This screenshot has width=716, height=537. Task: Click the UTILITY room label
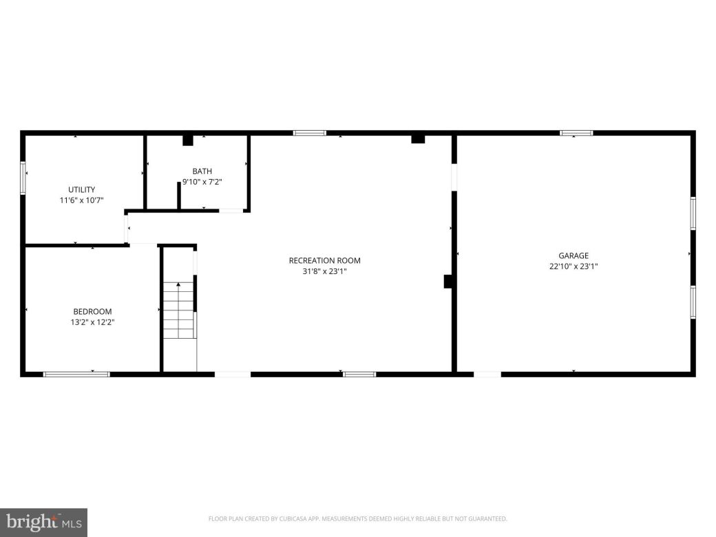click(x=81, y=189)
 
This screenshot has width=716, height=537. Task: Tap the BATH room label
click(x=202, y=171)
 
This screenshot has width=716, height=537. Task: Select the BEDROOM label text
click(x=92, y=311)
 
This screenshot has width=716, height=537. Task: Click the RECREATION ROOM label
click(x=324, y=260)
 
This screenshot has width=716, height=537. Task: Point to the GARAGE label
click(x=573, y=255)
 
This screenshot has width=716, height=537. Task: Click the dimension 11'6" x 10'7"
click(x=81, y=200)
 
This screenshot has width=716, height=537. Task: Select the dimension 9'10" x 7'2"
click(x=202, y=182)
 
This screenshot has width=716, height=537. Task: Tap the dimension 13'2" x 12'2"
click(x=92, y=322)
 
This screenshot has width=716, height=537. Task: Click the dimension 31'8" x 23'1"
click(x=324, y=271)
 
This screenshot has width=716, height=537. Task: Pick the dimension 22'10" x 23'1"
click(x=573, y=266)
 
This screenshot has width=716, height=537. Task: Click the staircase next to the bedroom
click(x=178, y=317)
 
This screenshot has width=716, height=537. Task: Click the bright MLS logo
click(x=43, y=523)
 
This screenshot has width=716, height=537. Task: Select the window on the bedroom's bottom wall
click(x=76, y=374)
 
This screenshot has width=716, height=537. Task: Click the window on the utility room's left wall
click(x=23, y=178)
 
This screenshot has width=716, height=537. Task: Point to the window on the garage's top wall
click(x=576, y=133)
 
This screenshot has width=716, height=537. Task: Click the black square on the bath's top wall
click(x=187, y=140)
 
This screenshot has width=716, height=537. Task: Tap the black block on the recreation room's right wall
click(x=447, y=281)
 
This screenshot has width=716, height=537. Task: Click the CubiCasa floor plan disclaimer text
click(x=357, y=518)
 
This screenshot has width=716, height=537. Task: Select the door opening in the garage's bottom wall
click(x=487, y=374)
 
